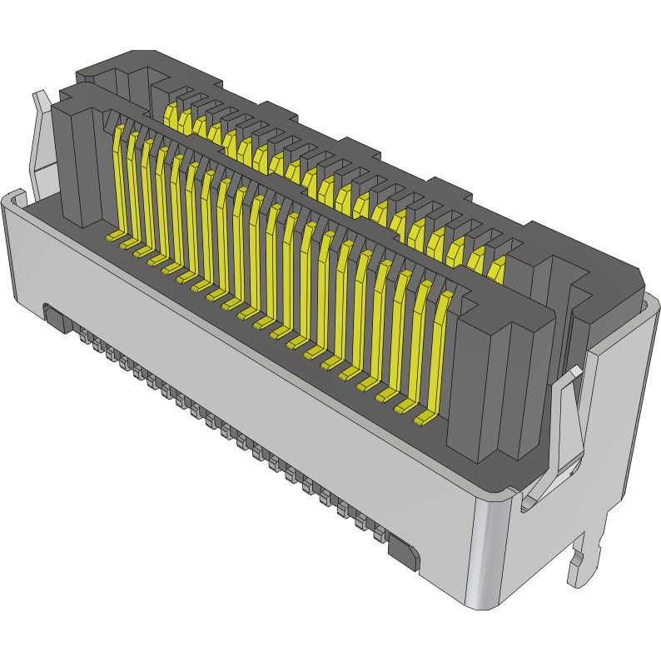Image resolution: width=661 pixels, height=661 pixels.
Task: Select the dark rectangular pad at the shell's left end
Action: click(56, 317)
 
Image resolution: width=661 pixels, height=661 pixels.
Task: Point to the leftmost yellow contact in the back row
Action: click(173, 112)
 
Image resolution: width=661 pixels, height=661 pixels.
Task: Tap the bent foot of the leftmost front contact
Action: click(112, 237)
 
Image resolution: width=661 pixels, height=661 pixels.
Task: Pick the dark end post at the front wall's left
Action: click(79, 158)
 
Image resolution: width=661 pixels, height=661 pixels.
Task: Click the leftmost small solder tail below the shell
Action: click(84, 336)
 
